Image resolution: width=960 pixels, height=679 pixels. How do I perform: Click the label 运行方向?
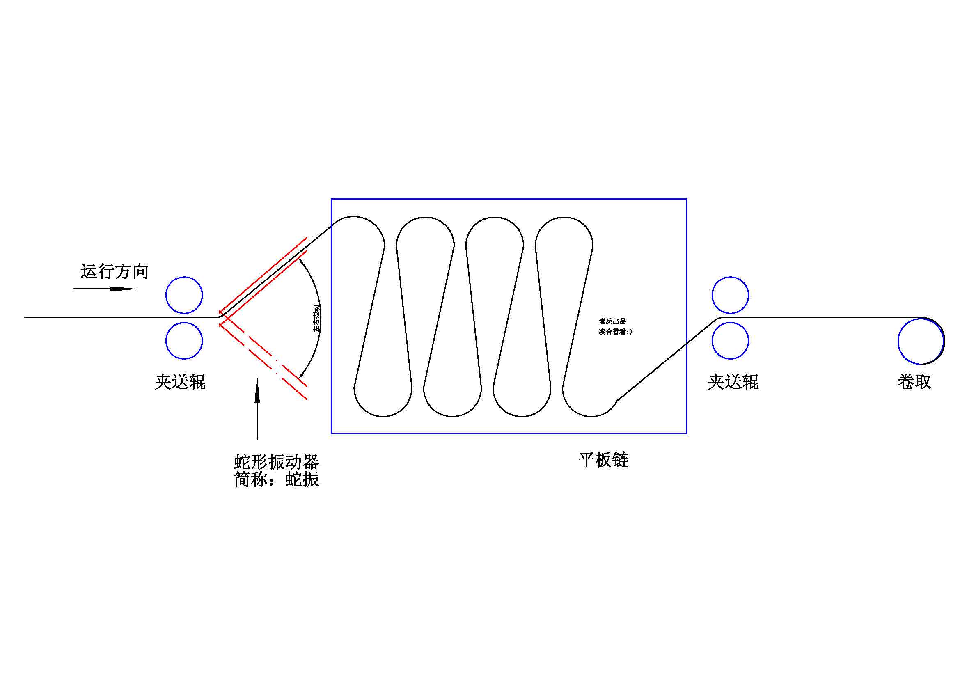coord(114,272)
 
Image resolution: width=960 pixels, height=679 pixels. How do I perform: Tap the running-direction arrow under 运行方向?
coord(105,289)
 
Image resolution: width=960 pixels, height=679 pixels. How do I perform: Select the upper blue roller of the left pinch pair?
coord(184,295)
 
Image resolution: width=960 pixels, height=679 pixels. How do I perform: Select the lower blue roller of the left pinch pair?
coord(184,341)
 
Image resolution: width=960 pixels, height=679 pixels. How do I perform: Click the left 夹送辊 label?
coord(180,382)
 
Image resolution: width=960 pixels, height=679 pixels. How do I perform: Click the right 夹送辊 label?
coord(733,382)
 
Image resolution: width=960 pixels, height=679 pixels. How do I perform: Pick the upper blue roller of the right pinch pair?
coord(730,295)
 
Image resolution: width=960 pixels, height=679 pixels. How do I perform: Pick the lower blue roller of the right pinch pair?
coord(730,341)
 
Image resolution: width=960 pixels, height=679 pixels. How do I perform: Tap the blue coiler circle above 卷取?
coord(921,341)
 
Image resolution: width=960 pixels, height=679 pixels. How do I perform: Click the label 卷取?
coord(914,382)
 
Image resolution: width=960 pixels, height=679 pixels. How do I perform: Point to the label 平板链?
coord(603,460)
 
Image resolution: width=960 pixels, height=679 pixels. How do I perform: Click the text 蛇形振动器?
coord(276,462)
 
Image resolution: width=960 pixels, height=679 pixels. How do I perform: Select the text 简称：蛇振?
coord(276,479)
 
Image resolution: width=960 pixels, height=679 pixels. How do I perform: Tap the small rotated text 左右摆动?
coord(317,319)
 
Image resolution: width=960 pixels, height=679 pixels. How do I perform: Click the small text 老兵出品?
coord(612,321)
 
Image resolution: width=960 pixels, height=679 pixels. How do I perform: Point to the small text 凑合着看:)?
coord(615,332)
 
